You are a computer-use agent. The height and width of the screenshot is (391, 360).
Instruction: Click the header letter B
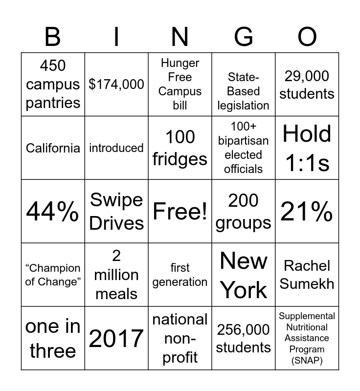(53, 37)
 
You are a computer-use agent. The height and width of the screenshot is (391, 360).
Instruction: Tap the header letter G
(244, 37)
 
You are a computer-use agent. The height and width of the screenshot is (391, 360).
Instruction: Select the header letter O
(307, 37)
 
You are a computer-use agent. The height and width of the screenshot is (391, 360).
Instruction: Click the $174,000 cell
(116, 85)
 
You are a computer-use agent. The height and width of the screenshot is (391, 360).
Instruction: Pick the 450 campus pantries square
(53, 85)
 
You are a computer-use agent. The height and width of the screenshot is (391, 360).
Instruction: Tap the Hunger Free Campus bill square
(180, 85)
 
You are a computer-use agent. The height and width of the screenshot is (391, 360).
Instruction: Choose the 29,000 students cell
(307, 85)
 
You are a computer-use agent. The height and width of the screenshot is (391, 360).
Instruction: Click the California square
(53, 148)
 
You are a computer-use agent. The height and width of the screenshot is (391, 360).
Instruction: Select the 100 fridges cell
(180, 148)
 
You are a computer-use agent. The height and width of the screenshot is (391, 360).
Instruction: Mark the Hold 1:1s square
(307, 148)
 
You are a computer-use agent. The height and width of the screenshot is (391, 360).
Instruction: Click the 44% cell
(53, 212)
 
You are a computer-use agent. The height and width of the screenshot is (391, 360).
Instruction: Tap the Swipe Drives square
(116, 212)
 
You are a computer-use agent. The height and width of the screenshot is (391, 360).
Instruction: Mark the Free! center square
(180, 212)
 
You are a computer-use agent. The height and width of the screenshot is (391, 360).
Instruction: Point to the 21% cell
(307, 212)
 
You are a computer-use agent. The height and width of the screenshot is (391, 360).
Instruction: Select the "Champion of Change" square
(53, 275)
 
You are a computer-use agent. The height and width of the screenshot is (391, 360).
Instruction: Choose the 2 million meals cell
(116, 275)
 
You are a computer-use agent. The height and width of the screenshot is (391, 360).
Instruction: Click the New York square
(244, 275)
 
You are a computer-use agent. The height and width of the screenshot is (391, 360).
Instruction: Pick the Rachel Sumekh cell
(307, 275)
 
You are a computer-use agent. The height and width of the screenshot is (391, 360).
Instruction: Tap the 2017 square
(116, 338)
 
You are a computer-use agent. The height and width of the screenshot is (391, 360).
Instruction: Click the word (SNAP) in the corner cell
(307, 361)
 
